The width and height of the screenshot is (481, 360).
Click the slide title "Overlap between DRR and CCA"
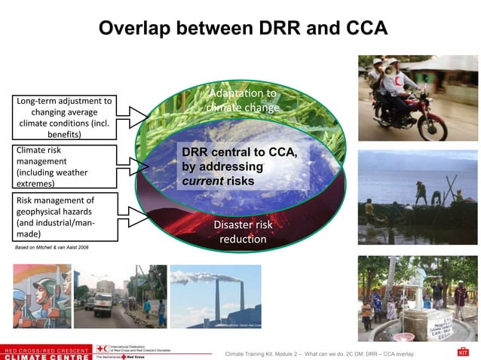[243, 29]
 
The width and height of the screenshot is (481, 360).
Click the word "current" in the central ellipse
[198, 182]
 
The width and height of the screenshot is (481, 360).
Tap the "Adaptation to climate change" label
[243, 100]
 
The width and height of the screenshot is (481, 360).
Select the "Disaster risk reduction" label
[243, 231]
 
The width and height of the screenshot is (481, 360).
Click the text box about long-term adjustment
[64, 117]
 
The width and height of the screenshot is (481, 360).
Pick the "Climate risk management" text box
[64, 166]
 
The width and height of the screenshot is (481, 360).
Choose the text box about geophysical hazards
[64, 217]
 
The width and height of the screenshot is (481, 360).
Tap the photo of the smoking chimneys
[216, 296]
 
